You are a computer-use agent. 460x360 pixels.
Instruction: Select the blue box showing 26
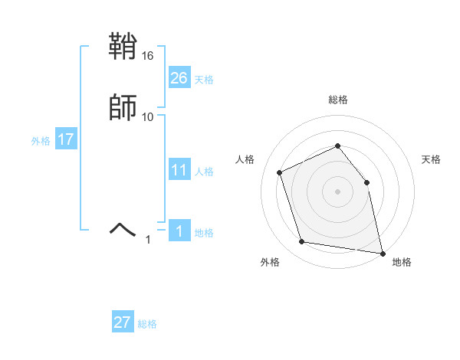pos(179,78)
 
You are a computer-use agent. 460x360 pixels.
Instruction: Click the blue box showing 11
pos(179,170)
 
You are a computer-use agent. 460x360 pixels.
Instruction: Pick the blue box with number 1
pos(179,231)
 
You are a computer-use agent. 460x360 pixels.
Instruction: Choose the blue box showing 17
pos(65,139)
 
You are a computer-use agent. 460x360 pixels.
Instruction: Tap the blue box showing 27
pos(123,322)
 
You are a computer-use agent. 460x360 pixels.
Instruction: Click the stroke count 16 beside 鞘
pos(148,56)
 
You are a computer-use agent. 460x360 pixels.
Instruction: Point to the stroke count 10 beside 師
pos(148,116)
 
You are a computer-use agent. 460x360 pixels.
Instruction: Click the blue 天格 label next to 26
pos(204,80)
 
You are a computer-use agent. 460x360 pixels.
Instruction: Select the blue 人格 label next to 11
pos(204,172)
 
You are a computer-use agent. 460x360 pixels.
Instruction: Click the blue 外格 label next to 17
pos(41,141)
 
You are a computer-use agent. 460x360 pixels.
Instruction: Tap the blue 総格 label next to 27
pos(147,324)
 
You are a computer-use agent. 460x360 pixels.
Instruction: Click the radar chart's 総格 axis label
pos(338,100)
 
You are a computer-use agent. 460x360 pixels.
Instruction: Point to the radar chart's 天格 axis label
pos(431,159)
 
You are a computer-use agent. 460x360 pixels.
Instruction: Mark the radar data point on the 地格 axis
pos(383,252)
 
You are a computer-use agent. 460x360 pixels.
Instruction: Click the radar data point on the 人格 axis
pos(280,172)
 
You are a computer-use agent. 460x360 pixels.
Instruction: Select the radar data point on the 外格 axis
pos(302,242)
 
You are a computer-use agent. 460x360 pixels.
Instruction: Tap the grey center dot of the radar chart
pos(337,191)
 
